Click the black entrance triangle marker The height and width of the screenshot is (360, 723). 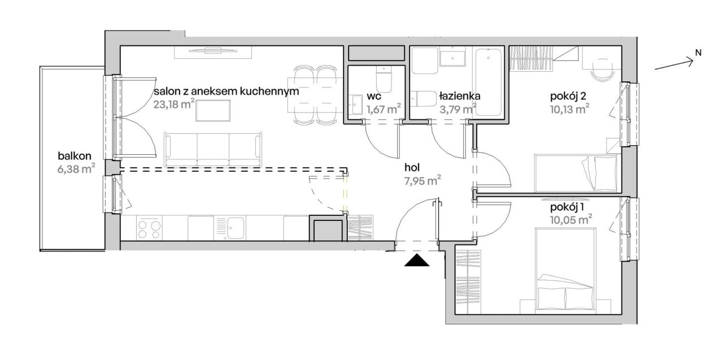(417, 260)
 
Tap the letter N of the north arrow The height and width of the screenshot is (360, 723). (698, 53)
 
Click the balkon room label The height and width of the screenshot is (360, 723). (75, 156)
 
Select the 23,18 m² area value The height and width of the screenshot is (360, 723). (173, 105)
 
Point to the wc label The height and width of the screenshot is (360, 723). (374, 96)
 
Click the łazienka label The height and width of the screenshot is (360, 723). (460, 96)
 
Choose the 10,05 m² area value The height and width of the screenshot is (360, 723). (570, 219)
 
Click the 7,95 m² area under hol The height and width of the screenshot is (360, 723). (423, 180)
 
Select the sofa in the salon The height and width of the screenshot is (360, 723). (213, 149)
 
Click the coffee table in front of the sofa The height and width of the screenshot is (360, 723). (213, 110)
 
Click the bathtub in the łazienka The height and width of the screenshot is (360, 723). (489, 82)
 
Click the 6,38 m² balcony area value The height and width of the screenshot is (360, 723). (76, 168)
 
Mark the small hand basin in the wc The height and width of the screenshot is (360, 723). (356, 105)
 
